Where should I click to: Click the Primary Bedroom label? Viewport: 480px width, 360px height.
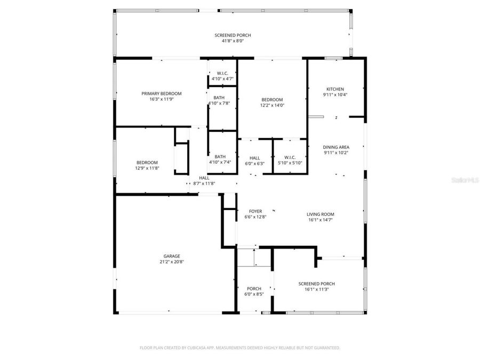pos(161,93)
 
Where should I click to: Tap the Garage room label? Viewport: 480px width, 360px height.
pos(172,256)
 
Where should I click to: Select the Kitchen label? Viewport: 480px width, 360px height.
pos(335,89)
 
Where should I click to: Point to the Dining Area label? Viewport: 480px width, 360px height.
pos(336,147)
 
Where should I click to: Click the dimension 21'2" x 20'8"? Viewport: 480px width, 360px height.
pos(172,262)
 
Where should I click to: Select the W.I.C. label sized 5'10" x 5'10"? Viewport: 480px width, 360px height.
pos(290,157)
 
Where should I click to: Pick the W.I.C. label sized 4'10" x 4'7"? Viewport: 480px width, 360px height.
pos(222,73)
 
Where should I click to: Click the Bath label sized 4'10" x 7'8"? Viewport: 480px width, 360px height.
pos(219,98)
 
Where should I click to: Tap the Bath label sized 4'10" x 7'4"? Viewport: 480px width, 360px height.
pos(220,156)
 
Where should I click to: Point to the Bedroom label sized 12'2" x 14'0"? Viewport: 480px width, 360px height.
pos(272,100)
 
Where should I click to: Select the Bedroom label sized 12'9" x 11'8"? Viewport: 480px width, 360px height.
pos(147,163)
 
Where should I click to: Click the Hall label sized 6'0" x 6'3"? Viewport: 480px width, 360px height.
pos(254,158)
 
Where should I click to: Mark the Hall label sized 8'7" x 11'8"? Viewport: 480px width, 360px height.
pos(204,178)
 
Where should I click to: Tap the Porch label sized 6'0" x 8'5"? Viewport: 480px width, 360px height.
pos(254,289)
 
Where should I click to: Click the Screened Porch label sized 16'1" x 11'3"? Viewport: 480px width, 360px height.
pos(317,284)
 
